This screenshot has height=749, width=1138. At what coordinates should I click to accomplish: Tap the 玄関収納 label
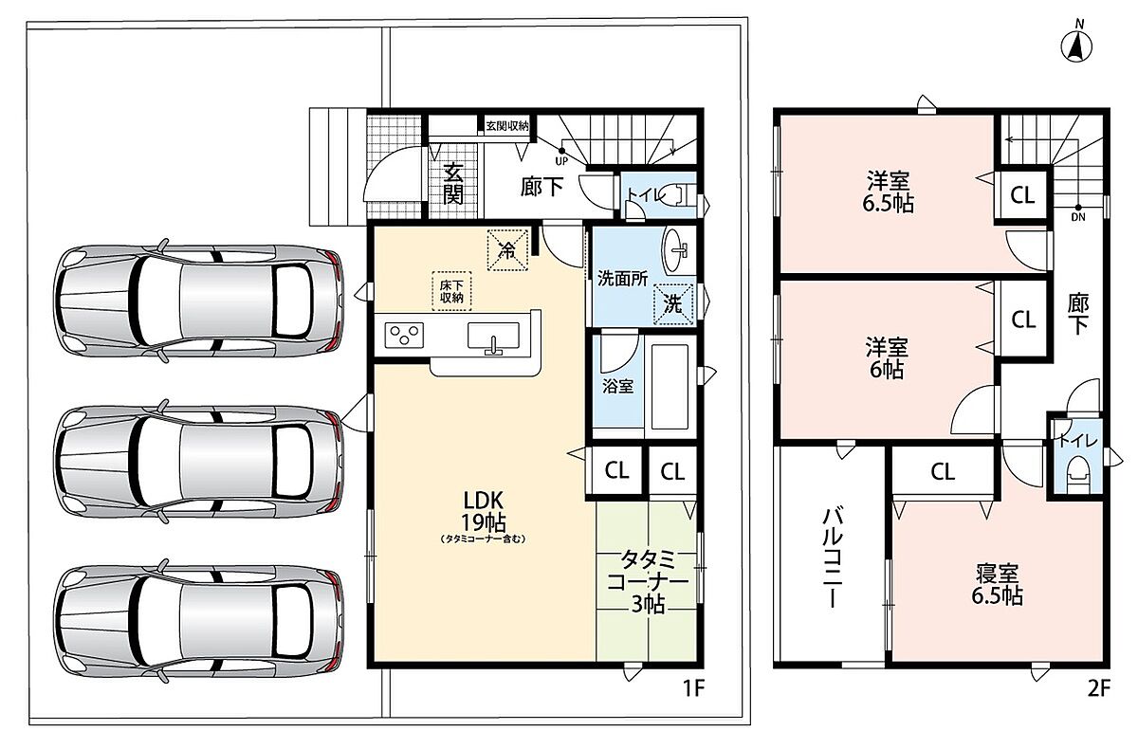pos(507,125)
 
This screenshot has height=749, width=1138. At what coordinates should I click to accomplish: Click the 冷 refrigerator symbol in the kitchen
pos(507,250)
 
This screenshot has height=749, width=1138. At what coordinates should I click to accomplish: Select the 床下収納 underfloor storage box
pos(451,291)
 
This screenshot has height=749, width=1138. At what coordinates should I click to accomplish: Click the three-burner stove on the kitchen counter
pos(404,335)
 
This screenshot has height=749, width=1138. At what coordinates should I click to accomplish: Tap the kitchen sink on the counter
pos(493,338)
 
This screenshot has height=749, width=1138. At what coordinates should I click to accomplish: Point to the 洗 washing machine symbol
pos(673,304)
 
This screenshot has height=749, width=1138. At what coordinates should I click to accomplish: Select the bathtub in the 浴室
pos(670,387)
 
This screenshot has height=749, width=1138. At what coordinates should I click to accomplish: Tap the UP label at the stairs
pos(561,161)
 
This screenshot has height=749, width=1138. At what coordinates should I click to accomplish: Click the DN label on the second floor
pos(1078,217)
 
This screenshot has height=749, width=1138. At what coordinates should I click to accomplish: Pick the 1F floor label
pos(692,688)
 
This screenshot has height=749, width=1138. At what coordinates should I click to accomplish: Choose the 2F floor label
pos(1098,688)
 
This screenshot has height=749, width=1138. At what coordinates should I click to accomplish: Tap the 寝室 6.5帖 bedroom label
pos(998,584)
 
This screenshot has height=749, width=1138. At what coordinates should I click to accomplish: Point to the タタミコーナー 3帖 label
pos(648,582)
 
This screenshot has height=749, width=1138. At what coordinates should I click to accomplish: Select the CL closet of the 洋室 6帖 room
pos(1023,320)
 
